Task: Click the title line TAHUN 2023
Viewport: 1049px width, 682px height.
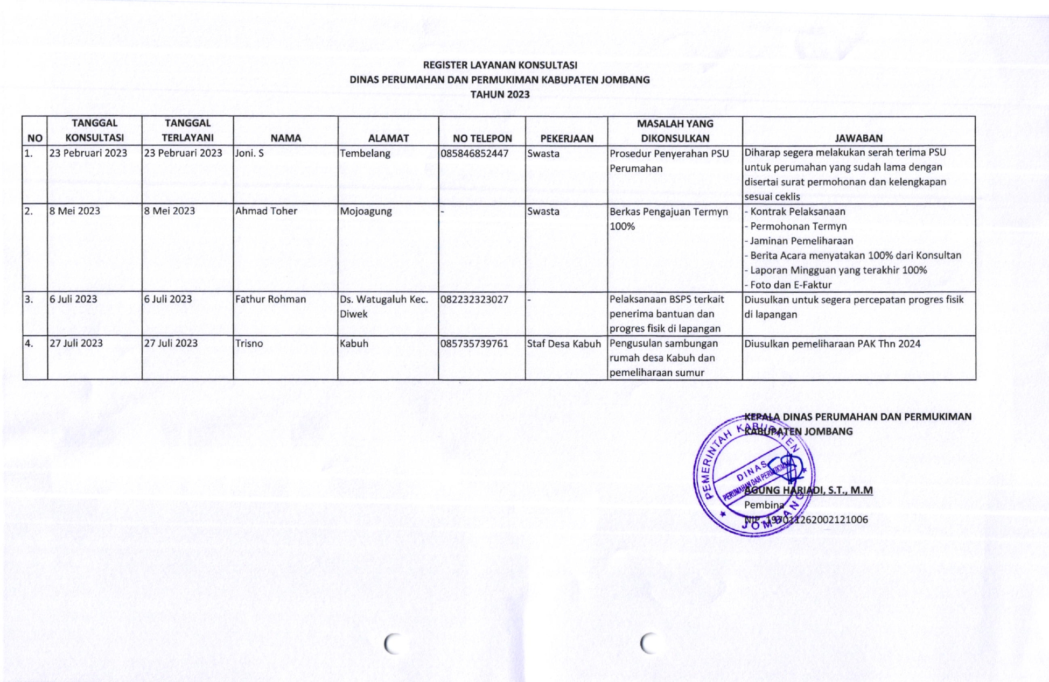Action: [500, 94]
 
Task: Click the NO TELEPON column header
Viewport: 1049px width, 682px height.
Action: [482, 138]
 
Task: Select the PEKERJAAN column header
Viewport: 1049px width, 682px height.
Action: [567, 138]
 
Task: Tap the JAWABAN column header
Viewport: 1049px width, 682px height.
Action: [858, 138]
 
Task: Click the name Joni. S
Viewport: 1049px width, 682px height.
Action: [249, 153]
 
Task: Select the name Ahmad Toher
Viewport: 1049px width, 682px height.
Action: [266, 211]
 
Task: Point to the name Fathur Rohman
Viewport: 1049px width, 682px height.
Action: [270, 299]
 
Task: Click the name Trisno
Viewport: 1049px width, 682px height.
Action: [249, 343]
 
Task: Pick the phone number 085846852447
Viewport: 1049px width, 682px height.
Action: [474, 153]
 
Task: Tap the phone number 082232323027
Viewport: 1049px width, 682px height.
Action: [474, 299]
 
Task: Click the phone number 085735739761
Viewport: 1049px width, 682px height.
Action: [474, 343]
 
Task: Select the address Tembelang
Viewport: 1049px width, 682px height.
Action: [365, 153]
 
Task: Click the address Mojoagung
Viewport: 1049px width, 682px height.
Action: [366, 211]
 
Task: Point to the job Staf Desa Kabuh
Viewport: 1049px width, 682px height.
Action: [564, 343]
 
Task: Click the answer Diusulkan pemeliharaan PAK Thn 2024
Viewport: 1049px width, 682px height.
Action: [833, 343]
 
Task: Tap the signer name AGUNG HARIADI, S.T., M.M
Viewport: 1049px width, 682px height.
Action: [808, 490]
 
